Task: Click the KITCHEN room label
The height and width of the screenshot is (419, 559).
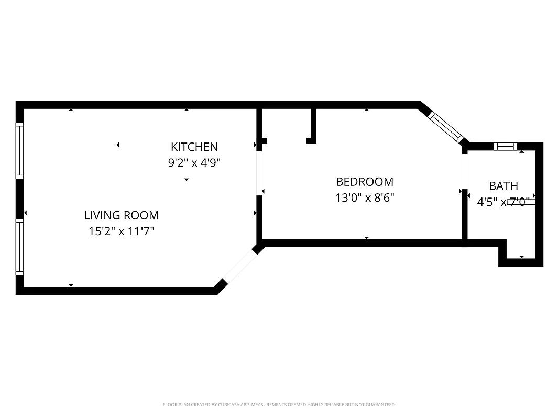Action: coord(194,147)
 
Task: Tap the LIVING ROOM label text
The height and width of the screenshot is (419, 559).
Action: coord(121,215)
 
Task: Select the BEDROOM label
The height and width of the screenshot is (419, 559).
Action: coord(364,182)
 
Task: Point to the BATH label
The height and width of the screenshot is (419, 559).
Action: coord(503,186)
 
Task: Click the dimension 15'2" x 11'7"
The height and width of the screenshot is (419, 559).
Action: coord(121,231)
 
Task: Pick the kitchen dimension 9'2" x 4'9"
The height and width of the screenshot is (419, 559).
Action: coord(194,163)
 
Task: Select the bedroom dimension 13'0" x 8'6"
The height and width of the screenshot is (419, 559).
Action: coord(364,198)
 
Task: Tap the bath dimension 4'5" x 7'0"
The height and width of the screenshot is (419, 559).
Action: coord(503,201)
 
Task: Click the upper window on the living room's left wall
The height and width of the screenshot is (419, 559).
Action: coord(19,150)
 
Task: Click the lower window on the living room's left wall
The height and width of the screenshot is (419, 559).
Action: coord(19,247)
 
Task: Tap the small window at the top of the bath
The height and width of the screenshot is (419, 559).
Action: coord(506,147)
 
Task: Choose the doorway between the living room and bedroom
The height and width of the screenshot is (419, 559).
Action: coord(259,173)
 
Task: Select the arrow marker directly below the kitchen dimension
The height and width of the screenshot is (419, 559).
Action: coord(187,180)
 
